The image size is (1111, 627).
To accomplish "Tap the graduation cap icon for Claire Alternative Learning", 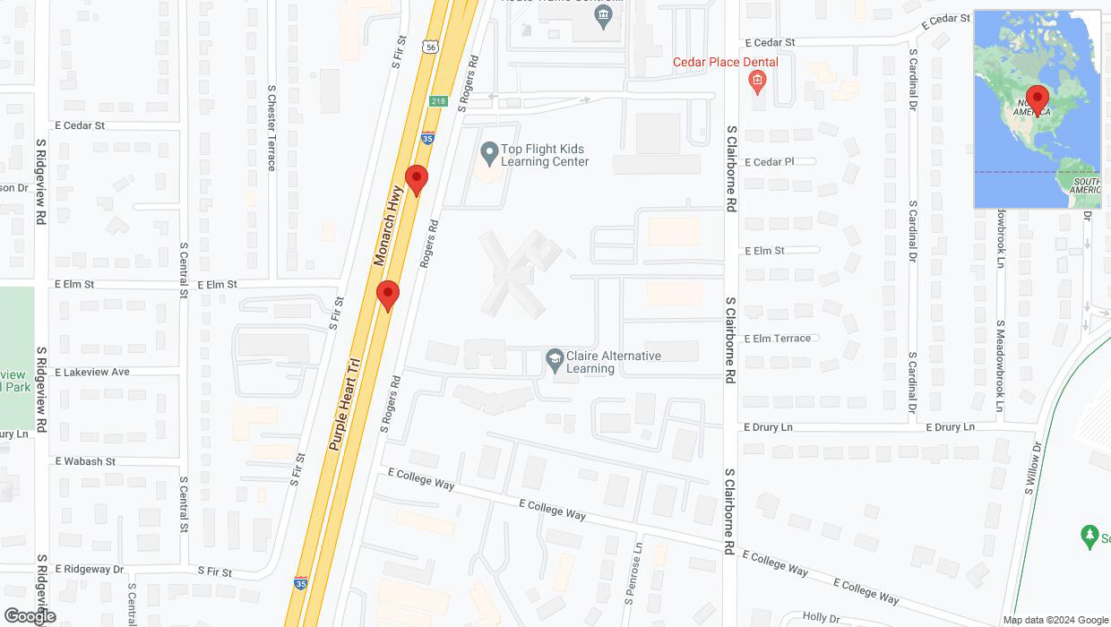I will (x=555, y=360).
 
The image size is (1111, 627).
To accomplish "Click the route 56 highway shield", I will (x=432, y=47).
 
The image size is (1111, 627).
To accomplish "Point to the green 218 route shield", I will (x=438, y=101).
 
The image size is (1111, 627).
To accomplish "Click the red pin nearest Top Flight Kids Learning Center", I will (x=416, y=179).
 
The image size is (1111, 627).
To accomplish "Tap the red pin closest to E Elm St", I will (x=387, y=295).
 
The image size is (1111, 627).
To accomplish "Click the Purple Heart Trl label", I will (x=343, y=405).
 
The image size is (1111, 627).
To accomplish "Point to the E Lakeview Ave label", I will (x=92, y=372).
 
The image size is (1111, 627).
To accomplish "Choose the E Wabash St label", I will (x=85, y=461).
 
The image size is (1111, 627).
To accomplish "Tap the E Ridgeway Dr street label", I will (x=89, y=569).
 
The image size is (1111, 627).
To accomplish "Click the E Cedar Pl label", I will (x=770, y=162).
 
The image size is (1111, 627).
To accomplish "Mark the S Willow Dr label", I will (x=1033, y=468).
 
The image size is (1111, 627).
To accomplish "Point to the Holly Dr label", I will (x=821, y=617).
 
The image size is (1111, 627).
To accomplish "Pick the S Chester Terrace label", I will (x=271, y=127).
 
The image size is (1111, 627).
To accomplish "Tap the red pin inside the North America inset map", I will (x=1037, y=99).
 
